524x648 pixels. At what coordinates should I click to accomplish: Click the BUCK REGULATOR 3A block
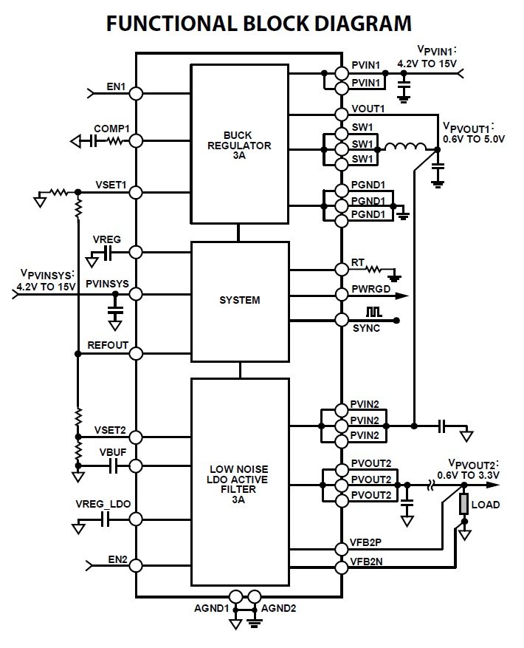(x=239, y=145)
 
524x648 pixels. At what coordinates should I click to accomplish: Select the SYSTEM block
(x=239, y=300)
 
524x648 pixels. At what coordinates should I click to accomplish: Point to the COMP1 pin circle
(x=136, y=140)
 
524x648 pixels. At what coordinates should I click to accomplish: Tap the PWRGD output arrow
(x=402, y=296)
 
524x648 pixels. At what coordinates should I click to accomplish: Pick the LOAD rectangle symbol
(x=464, y=505)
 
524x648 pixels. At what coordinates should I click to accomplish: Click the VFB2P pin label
(x=367, y=542)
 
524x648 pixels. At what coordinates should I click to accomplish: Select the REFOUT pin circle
(x=136, y=353)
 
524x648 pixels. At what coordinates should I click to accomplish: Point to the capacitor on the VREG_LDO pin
(x=106, y=521)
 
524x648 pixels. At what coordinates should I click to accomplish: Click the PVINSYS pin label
(x=107, y=283)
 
